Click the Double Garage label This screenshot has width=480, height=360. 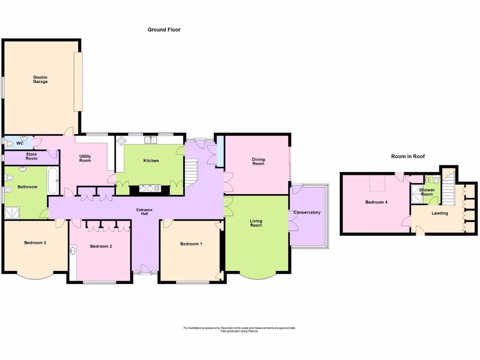[40, 80]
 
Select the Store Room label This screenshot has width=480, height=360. [31, 156]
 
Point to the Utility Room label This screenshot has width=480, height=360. [85, 158]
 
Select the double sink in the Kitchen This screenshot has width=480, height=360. [150, 140]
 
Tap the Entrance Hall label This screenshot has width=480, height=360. [144, 212]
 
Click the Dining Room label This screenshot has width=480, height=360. [258, 162]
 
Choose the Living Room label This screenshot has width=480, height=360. [256, 223]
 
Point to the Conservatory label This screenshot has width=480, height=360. [307, 212]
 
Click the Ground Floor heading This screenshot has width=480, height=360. [164, 30]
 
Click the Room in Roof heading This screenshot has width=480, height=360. [408, 157]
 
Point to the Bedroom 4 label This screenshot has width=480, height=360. [376, 202]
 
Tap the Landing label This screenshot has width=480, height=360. [440, 213]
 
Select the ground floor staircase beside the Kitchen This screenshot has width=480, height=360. [192, 172]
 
